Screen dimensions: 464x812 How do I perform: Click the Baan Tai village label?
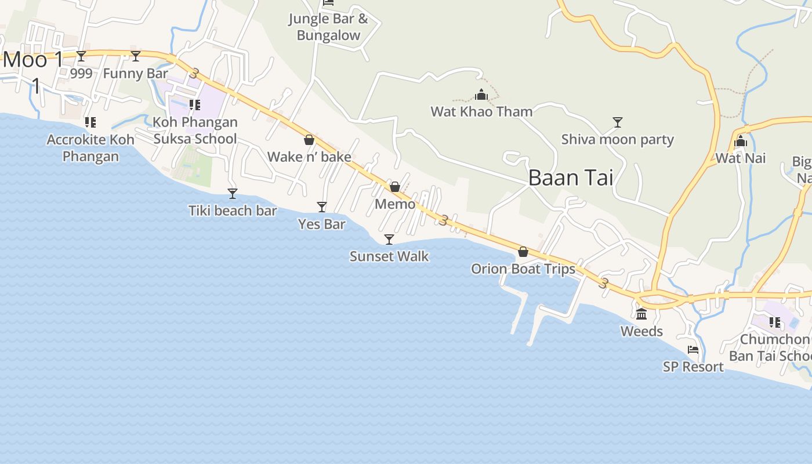pyautogui.click(x=571, y=178)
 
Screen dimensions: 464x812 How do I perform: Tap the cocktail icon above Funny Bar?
pyautogui.click(x=136, y=56)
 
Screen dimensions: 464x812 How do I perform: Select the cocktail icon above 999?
pyautogui.click(x=81, y=56)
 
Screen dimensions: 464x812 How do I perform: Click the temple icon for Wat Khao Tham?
pyautogui.click(x=481, y=95)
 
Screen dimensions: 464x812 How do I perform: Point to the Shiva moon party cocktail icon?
pyautogui.click(x=618, y=122)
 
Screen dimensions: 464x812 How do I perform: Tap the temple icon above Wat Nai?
pyautogui.click(x=740, y=141)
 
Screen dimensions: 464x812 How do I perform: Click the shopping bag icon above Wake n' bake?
pyautogui.click(x=309, y=140)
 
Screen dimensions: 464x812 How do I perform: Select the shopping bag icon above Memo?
pyautogui.click(x=395, y=187)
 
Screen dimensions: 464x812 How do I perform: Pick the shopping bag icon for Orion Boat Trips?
pyautogui.click(x=523, y=252)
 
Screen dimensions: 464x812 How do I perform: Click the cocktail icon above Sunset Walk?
pyautogui.click(x=389, y=240)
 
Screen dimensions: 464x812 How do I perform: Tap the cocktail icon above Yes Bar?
pyautogui.click(x=322, y=207)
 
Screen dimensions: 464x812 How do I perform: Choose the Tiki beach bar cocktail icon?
pyautogui.click(x=233, y=194)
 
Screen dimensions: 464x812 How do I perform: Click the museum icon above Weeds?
pyautogui.click(x=641, y=314)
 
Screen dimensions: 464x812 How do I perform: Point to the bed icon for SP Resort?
pyautogui.click(x=693, y=350)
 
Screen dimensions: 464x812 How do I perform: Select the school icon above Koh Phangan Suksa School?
pyautogui.click(x=195, y=105)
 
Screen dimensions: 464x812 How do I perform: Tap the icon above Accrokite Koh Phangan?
pyautogui.click(x=90, y=122)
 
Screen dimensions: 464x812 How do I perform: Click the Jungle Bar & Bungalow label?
pyautogui.click(x=328, y=27)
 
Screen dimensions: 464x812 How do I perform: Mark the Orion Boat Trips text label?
pyautogui.click(x=523, y=269)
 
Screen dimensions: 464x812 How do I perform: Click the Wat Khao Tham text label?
pyautogui.click(x=481, y=111)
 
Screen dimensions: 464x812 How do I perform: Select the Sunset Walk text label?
pyautogui.click(x=389, y=256)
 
